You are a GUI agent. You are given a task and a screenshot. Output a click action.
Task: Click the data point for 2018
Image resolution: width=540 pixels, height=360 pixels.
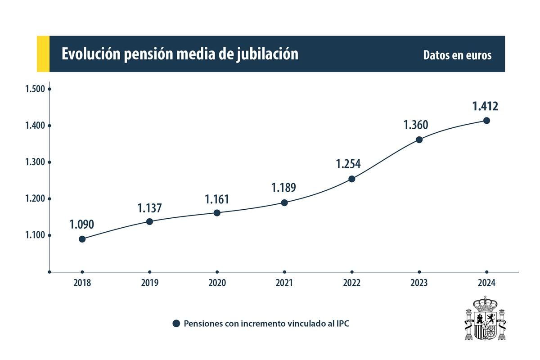click(82, 239)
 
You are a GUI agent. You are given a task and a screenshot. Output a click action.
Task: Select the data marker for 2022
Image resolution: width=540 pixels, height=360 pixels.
click(352, 179)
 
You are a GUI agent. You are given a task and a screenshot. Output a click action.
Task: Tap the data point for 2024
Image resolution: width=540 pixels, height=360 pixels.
click(486, 120)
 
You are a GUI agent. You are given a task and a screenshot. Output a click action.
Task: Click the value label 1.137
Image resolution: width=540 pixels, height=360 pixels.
click(149, 208)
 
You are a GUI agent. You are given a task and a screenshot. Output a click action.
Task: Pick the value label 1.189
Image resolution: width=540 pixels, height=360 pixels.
click(283, 188)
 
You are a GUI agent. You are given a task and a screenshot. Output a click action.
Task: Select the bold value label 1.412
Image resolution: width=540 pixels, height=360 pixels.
click(485, 106)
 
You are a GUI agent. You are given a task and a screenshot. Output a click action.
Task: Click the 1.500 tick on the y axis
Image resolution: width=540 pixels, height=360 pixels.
click(35, 89)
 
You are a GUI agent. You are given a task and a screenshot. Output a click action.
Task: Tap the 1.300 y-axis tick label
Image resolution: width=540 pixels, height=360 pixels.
click(35, 162)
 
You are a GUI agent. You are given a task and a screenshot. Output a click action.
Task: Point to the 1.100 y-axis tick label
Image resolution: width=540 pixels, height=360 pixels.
click(35, 235)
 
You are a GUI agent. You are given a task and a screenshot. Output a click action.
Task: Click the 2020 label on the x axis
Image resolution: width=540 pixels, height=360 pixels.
click(217, 283)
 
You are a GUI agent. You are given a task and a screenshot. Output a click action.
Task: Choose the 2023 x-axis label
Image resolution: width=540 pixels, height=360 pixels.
click(419, 283)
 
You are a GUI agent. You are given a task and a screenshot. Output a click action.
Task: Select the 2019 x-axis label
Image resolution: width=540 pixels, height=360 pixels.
click(149, 283)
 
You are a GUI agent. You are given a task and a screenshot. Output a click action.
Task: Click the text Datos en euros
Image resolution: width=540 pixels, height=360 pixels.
click(457, 55)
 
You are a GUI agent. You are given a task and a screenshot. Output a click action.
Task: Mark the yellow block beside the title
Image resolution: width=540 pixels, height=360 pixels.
click(43, 54)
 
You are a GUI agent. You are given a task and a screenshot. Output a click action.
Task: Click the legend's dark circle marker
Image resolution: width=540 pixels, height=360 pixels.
click(176, 324)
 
